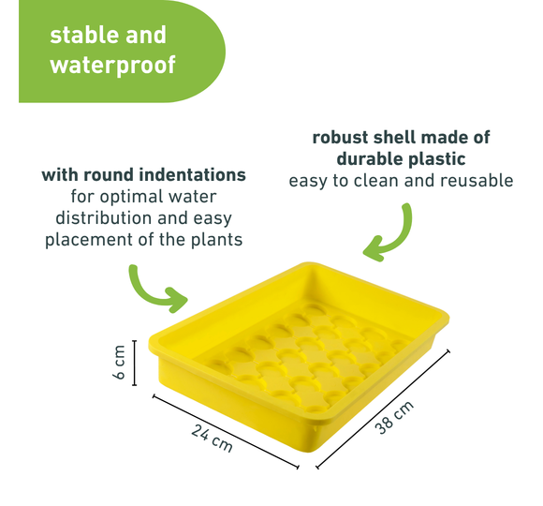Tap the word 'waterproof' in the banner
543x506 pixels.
point(113,65)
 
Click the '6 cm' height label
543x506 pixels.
point(119,362)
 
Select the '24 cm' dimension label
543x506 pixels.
point(212,439)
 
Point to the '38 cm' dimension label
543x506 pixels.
point(394,417)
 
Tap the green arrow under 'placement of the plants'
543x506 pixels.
point(153,291)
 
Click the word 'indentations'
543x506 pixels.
point(190,174)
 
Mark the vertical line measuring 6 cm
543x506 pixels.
point(135,363)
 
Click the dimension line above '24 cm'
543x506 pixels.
point(226,431)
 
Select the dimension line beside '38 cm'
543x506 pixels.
point(383,409)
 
